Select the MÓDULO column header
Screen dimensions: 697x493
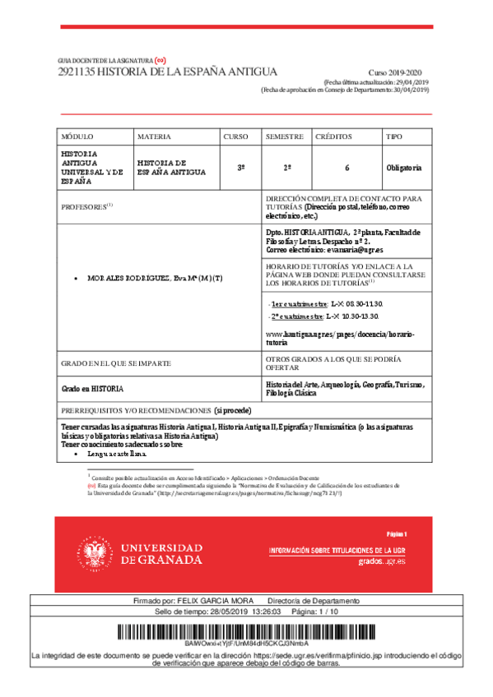(78, 136)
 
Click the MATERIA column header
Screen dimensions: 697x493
(154, 136)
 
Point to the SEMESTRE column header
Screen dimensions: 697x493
(284, 136)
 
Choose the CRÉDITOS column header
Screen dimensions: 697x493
(333, 136)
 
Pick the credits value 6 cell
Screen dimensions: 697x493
(346, 168)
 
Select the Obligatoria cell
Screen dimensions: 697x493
(404, 168)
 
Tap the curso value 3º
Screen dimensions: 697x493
(241, 168)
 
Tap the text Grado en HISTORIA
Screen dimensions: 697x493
(92, 387)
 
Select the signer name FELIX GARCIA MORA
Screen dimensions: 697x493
(213, 602)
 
